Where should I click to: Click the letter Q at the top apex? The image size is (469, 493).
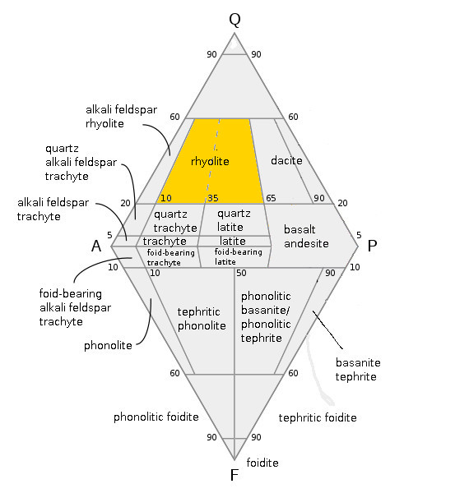pyautogui.click(x=234, y=20)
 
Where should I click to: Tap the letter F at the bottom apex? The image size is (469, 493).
pyautogui.click(x=234, y=475)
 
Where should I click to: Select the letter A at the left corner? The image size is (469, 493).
pyautogui.click(x=96, y=246)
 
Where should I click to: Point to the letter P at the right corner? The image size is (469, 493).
pyautogui.click(x=372, y=246)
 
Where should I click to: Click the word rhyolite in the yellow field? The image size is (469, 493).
pyautogui.click(x=210, y=161)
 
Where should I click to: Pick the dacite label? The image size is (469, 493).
pyautogui.click(x=286, y=160)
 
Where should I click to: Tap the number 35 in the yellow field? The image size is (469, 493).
pyautogui.click(x=213, y=198)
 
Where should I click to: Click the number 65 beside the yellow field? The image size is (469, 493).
pyautogui.click(x=271, y=198)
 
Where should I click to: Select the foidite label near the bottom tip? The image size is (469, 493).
pyautogui.click(x=262, y=463)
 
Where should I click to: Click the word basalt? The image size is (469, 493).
pyautogui.click(x=300, y=229)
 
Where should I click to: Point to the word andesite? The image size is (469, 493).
pyautogui.click(x=306, y=243)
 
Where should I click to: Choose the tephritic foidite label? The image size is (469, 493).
pyautogui.click(x=318, y=417)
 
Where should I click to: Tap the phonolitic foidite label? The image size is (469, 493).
pyautogui.click(x=156, y=417)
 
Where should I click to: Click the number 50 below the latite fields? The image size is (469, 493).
pyautogui.click(x=241, y=273)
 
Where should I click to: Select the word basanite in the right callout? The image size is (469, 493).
pyautogui.click(x=358, y=362)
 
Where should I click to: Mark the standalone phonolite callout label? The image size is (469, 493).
pyautogui.click(x=108, y=346)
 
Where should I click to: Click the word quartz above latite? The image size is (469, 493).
pyautogui.click(x=234, y=214)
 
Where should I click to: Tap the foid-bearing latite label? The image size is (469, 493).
pyautogui.click(x=239, y=256)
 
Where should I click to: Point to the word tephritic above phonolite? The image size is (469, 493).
pyautogui.click(x=198, y=312)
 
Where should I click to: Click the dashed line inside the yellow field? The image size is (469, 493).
pyautogui.click(x=213, y=159)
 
